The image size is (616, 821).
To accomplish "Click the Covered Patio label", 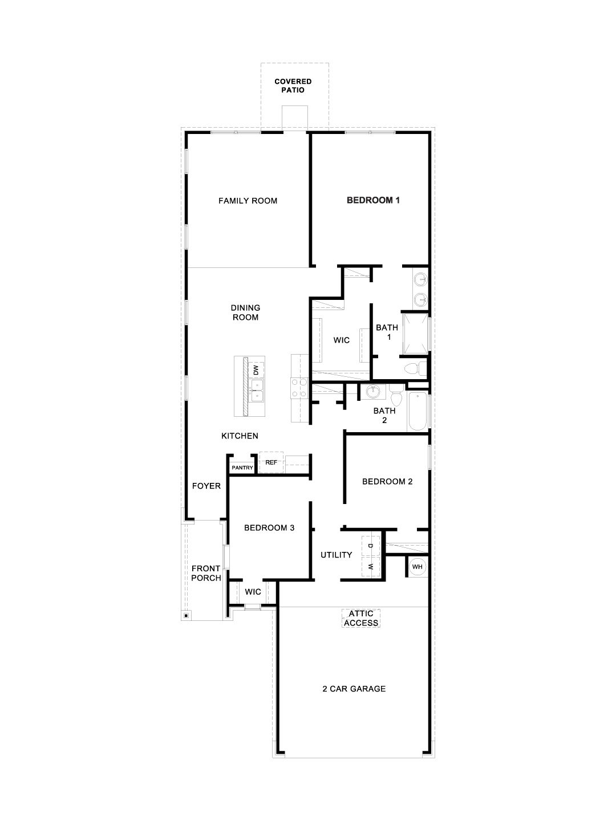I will point(293,86).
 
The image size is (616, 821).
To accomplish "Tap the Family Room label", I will point(248,201).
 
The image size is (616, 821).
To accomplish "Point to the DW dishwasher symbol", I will point(257,369).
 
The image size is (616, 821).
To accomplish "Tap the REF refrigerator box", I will point(271,462).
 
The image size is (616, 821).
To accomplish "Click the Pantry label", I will point(242,468).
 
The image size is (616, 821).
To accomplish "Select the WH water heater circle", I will point(417,567).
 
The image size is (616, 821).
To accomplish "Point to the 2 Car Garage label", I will point(354,689).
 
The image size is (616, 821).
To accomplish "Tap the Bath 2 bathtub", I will point(417,410).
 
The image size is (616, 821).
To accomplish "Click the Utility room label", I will point(336,555).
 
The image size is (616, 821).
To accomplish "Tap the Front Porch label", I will point(206,573).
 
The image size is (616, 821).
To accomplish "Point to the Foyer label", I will point(206,486).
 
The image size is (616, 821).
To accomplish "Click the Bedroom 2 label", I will point(387,481).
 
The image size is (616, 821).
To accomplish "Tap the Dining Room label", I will point(245,312).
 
